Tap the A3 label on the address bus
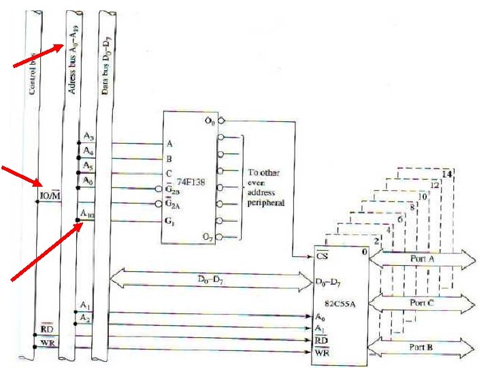[x=87, y=138]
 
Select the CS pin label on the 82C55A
[x=319, y=258]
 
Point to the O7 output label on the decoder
[x=208, y=236]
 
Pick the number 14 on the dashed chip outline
[x=446, y=174]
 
